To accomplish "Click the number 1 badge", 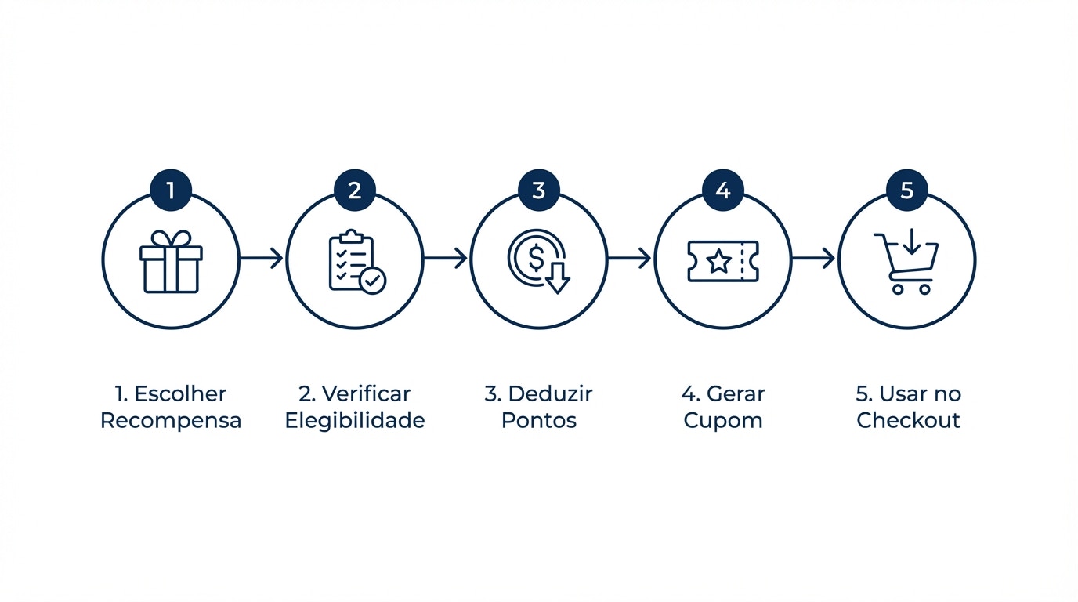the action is pyautogui.click(x=171, y=190).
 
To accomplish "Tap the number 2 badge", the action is pyautogui.click(x=355, y=190).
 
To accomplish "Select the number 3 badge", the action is pyautogui.click(x=539, y=190).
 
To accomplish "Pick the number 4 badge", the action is pyautogui.click(x=723, y=190).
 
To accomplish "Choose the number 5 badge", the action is pyautogui.click(x=907, y=190).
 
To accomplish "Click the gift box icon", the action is pyautogui.click(x=171, y=262).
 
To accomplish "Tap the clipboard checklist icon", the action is pyautogui.click(x=357, y=262).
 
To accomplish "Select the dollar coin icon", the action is pyautogui.click(x=538, y=262).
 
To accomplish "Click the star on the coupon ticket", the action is pyautogui.click(x=719, y=262).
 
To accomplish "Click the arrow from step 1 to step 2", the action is pyautogui.click(x=262, y=258).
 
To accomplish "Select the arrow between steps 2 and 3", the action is pyautogui.click(x=446, y=258).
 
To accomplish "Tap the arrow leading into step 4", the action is pyautogui.click(x=629, y=258).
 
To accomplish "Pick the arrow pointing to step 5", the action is pyautogui.click(x=813, y=258).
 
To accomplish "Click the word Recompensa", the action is pyautogui.click(x=171, y=421).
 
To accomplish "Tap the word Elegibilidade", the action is pyautogui.click(x=355, y=421).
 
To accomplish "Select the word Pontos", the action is pyautogui.click(x=539, y=420).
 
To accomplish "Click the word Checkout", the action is pyautogui.click(x=908, y=420).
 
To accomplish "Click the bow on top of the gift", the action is pyautogui.click(x=171, y=239).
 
